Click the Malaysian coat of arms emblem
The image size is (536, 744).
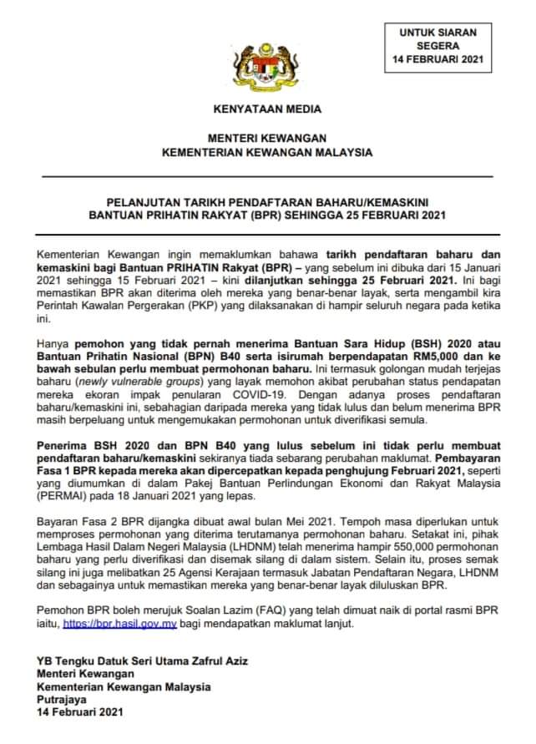point(267,62)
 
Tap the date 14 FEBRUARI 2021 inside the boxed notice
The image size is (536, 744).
point(438,60)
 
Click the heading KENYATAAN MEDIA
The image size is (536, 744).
point(267,109)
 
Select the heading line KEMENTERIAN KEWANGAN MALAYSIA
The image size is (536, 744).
point(267,152)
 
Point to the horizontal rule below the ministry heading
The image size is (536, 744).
point(267,176)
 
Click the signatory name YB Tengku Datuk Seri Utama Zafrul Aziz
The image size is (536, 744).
point(143,660)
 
